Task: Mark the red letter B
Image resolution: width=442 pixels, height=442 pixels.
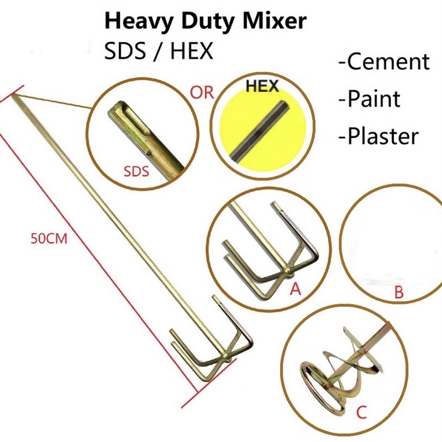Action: tap(398, 292)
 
